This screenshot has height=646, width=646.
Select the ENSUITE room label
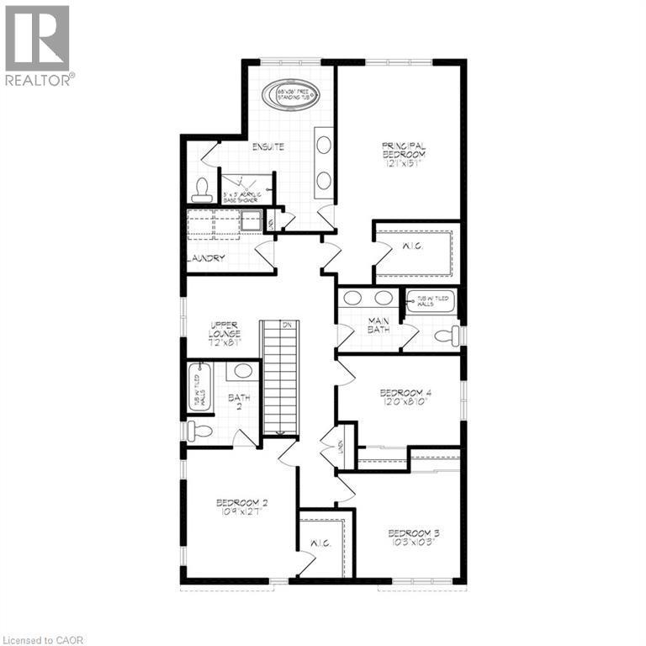268,146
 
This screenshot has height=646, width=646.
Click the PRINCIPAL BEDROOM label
405,154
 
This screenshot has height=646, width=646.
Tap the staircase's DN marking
287,325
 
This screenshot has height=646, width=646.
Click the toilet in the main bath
445,336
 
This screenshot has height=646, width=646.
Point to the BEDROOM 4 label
404,397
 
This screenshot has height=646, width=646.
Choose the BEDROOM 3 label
413,537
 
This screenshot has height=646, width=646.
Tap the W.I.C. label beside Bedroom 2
320,544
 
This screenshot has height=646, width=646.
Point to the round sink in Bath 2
244,371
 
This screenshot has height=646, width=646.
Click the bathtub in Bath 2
199,387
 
